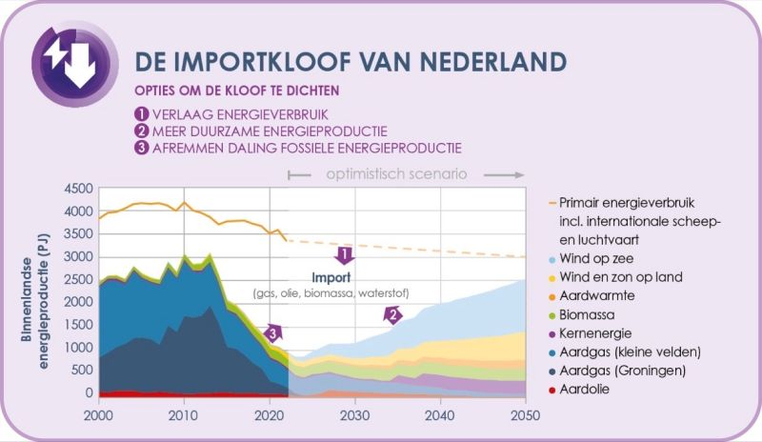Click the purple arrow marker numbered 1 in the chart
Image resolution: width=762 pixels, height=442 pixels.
346,254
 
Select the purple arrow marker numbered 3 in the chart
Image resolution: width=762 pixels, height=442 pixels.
273,333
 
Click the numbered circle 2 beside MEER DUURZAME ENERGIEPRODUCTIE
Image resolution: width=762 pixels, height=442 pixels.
141,131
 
